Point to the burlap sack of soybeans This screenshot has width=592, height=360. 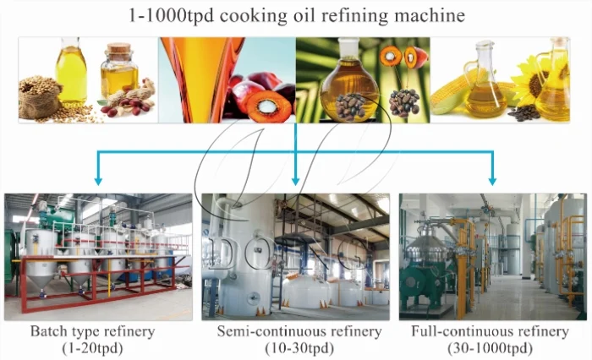[x=41, y=98]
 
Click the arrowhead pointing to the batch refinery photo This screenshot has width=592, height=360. [x=99, y=179]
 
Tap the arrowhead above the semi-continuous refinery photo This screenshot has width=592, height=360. [x=295, y=179]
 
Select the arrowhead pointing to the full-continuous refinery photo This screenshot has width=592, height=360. [x=492, y=179]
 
